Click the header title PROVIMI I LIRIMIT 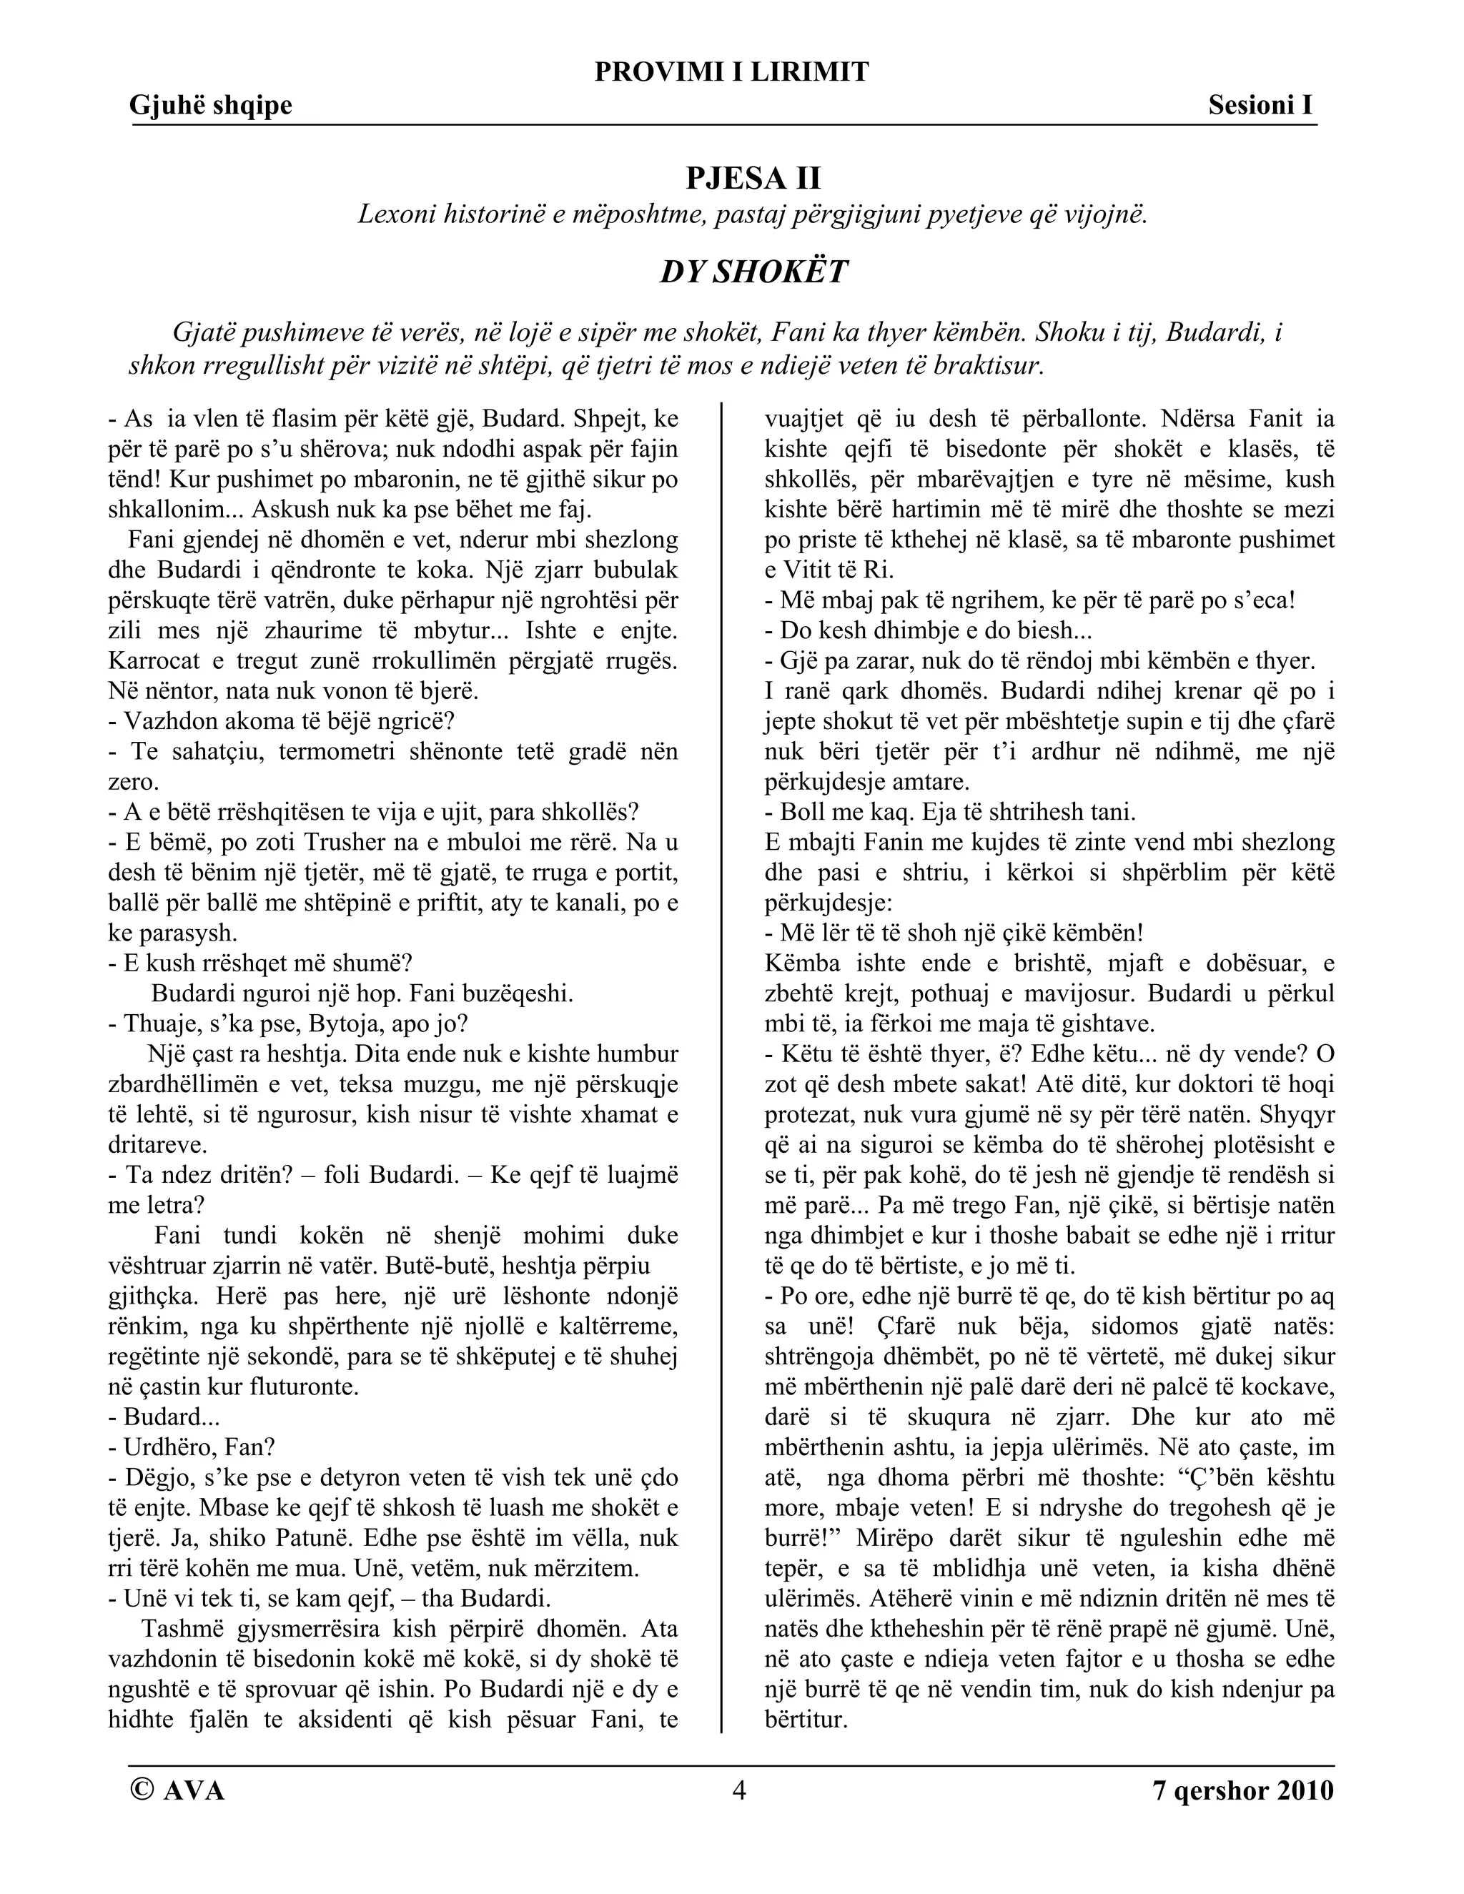pos(731,72)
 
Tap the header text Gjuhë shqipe pos(211,106)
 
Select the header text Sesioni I pos(1260,106)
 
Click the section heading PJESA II pos(753,178)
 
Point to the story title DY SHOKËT pos(753,272)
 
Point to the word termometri pos(340,752)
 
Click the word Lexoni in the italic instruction pos(396,215)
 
